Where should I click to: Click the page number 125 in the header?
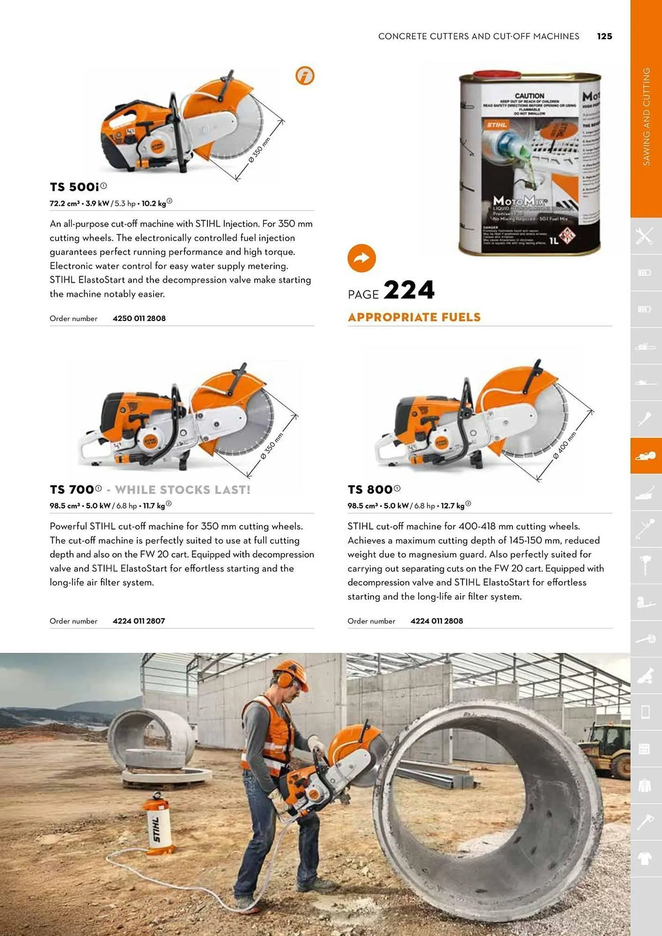point(604,36)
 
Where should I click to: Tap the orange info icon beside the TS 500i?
point(305,75)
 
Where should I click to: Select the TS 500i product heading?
point(74,187)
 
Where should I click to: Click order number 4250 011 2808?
point(139,318)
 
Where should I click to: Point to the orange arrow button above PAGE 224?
point(361,258)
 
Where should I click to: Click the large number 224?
point(409,290)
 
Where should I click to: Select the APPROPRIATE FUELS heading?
point(414,317)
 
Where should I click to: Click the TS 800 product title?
point(370,490)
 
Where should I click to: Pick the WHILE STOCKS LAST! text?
point(183,490)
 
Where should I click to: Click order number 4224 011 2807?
point(139,621)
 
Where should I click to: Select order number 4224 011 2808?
point(436,621)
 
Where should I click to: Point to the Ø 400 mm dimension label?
point(564,445)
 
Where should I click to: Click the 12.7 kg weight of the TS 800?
point(452,506)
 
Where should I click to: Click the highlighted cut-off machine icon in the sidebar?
point(646,456)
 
